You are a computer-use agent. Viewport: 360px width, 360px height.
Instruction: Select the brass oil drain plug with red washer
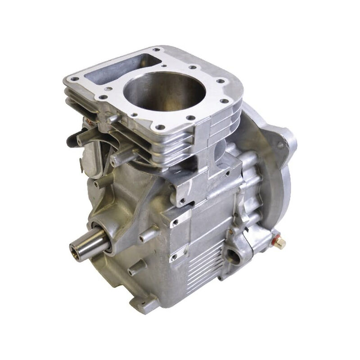pos(280,243)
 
